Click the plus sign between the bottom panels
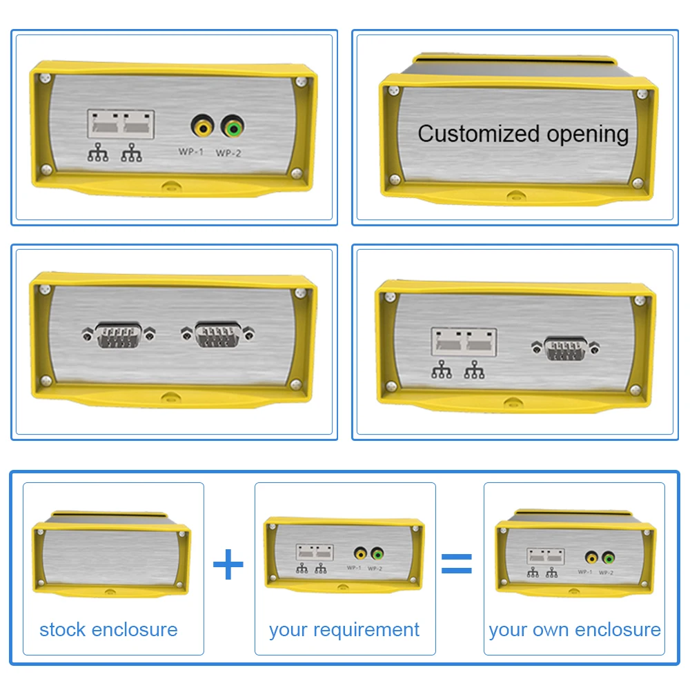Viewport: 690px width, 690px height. pos(228,565)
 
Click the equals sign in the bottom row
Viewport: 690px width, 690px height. pos(457,564)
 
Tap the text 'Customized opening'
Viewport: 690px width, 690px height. pos(523,133)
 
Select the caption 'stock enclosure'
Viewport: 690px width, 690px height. pos(108,629)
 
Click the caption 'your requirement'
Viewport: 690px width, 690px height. pos(344,629)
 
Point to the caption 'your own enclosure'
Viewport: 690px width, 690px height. pos(575,629)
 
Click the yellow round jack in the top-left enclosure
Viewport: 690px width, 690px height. pos(202,128)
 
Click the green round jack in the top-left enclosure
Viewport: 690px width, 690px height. pos(232,128)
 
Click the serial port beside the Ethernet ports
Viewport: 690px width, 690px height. pos(566,348)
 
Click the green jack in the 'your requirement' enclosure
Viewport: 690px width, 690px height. pos(377,553)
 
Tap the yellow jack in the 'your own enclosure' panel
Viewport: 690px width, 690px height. pos(591,558)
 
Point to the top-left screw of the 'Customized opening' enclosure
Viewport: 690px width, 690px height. pos(393,90)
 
